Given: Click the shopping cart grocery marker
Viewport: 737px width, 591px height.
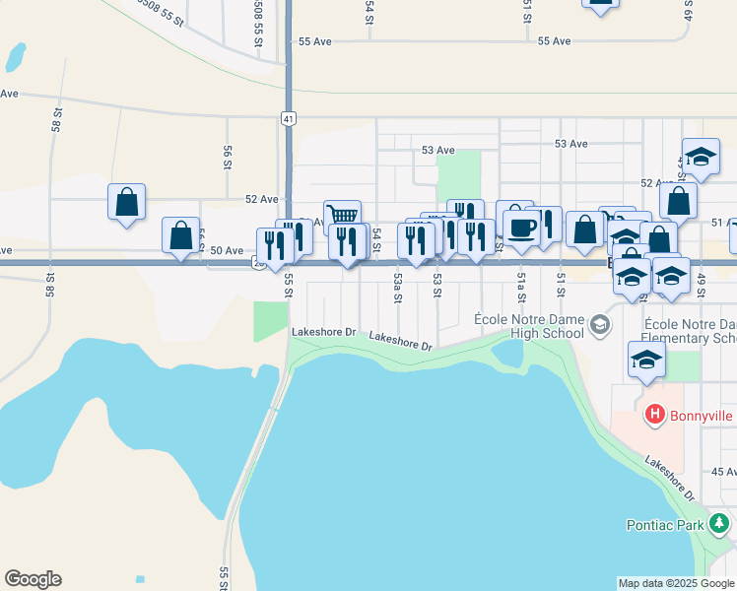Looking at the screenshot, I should (342, 216).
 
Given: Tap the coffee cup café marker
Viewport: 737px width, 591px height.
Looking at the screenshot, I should (521, 227).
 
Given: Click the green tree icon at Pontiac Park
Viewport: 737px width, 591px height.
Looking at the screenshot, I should (721, 523).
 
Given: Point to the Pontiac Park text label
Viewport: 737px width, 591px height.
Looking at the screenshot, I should (665, 524).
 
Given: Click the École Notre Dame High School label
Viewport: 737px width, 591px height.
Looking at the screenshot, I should (529, 326).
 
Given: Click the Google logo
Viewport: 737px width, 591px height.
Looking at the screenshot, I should (33, 579).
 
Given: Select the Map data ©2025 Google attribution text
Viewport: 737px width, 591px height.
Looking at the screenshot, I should (676, 583).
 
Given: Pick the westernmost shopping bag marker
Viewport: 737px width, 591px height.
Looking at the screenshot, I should (127, 202).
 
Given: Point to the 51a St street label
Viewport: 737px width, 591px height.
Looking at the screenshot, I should (520, 288).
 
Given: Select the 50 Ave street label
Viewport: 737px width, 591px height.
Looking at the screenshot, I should (226, 251).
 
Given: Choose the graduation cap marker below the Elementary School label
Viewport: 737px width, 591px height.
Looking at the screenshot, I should (646, 361).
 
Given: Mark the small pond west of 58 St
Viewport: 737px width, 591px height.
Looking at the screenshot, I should (16, 57).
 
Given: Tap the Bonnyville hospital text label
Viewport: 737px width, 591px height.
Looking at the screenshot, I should (703, 416).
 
